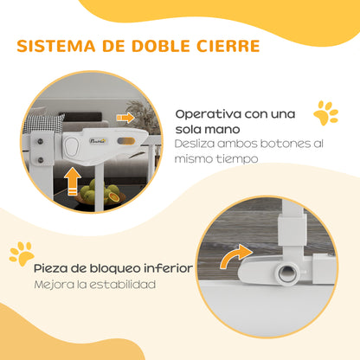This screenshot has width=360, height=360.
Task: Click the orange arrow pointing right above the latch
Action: coord(125,116)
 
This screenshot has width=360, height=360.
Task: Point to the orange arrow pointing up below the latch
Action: coord(72,183)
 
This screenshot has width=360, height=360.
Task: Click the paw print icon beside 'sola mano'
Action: coord(326,113)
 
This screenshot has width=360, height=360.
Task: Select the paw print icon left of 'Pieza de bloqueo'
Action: coord(21,252)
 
